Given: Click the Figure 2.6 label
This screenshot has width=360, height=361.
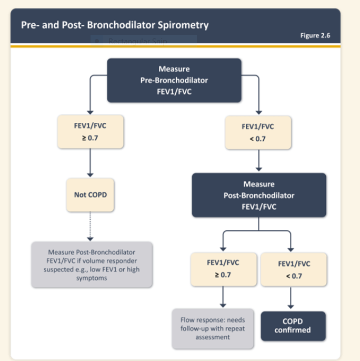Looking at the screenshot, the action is [315, 35].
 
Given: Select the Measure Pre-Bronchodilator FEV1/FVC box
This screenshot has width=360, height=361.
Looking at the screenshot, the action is [174, 80].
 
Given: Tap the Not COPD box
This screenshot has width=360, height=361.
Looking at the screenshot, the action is [90, 195].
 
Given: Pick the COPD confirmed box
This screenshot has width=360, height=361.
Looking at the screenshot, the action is [293, 326].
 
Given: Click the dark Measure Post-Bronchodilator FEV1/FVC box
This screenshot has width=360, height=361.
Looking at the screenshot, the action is [259, 195].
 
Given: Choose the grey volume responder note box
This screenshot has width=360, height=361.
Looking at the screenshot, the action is [92, 265].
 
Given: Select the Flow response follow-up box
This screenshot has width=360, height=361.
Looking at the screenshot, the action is [213, 329].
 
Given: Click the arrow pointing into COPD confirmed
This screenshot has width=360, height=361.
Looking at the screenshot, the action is [291, 298].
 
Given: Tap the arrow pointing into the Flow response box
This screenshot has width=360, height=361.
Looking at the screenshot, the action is [223, 297].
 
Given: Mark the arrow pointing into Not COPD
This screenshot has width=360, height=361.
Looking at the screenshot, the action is [90, 163].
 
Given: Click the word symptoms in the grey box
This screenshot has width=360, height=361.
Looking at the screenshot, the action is [92, 278].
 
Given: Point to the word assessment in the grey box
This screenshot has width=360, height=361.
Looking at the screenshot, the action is [213, 337].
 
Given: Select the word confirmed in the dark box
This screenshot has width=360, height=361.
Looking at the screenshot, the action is [293, 330].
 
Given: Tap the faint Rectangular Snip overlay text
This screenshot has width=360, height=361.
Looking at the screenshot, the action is [137, 41].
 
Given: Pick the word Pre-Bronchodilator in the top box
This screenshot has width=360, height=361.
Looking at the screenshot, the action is [174, 80].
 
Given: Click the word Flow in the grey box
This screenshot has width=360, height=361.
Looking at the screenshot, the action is [187, 320].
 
